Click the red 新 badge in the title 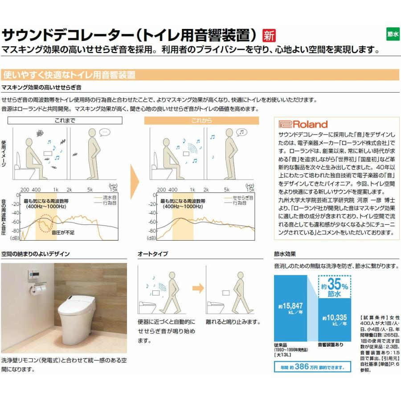coord(269,35)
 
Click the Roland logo coord(303,124)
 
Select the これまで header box coord(65,121)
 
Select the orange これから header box coord(201,121)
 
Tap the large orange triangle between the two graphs coord(134,180)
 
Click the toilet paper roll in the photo coord(38,290)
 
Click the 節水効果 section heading coord(285,254)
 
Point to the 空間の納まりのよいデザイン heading coord(35,254)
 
